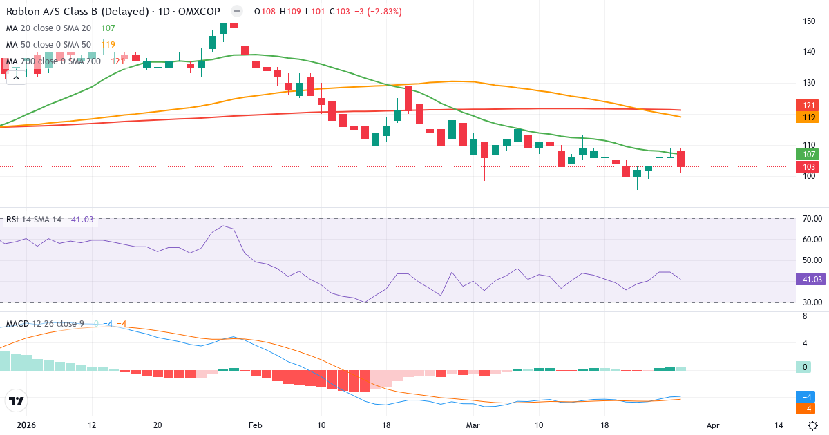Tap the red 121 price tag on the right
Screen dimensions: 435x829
[x=808, y=106]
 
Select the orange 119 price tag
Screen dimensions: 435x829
[x=808, y=117]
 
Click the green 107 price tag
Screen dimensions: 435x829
[x=808, y=155]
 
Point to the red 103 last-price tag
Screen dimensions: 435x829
[x=808, y=167]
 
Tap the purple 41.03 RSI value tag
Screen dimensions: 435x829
[x=808, y=280]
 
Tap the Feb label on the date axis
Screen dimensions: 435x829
[x=256, y=425]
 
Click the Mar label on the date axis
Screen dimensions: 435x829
[x=472, y=425]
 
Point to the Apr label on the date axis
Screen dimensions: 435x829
[x=714, y=425]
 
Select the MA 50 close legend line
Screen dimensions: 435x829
[x=48, y=44]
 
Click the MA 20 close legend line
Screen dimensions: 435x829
[x=48, y=28]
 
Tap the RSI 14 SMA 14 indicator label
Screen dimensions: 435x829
[x=33, y=220]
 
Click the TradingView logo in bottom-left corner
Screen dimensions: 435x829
[x=16, y=400]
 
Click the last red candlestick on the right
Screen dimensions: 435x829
[x=680, y=159]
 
